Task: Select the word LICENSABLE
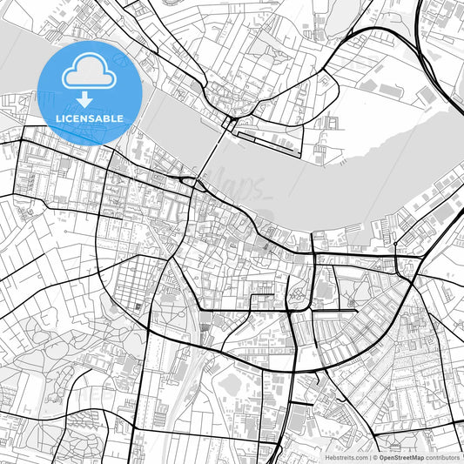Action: [x=90, y=118]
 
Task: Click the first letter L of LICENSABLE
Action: [x=58, y=118]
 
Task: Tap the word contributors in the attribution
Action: [x=442, y=456]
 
